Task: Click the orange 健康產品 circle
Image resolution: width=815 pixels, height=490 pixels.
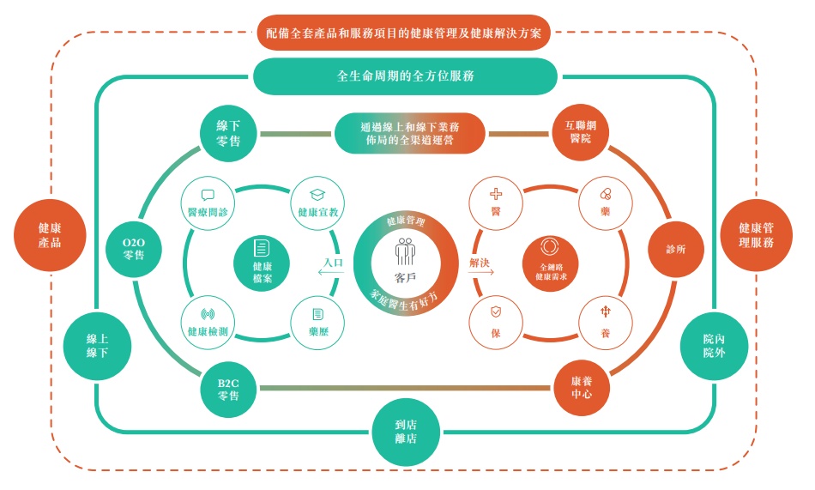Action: tap(50, 235)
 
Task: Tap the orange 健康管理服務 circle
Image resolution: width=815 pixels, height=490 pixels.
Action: tap(757, 235)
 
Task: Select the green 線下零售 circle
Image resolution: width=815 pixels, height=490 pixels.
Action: tap(228, 134)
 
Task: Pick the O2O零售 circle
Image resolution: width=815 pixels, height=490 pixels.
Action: tap(134, 249)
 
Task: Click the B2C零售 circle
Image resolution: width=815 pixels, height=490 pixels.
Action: tap(228, 389)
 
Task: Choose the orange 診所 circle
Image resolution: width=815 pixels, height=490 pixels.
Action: tap(676, 249)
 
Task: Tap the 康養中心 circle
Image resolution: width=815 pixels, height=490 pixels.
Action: tap(581, 388)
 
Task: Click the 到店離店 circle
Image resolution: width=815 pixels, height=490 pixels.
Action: tap(406, 432)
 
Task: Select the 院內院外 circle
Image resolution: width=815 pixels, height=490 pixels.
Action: tap(714, 346)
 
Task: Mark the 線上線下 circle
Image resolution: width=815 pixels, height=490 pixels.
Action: tap(97, 346)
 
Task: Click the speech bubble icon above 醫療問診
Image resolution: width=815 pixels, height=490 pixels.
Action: tap(208, 195)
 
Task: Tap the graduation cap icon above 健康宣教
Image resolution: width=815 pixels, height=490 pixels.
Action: tap(317, 195)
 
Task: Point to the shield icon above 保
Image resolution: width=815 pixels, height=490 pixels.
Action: tap(496, 312)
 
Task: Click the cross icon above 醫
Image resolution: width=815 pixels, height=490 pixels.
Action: tap(496, 194)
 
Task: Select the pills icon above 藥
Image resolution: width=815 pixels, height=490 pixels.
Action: tap(606, 194)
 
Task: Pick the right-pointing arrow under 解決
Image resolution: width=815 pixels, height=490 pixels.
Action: tap(481, 272)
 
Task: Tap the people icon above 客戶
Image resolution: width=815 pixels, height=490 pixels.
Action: tap(406, 251)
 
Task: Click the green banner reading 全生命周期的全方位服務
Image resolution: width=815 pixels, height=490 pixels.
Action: tap(406, 76)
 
